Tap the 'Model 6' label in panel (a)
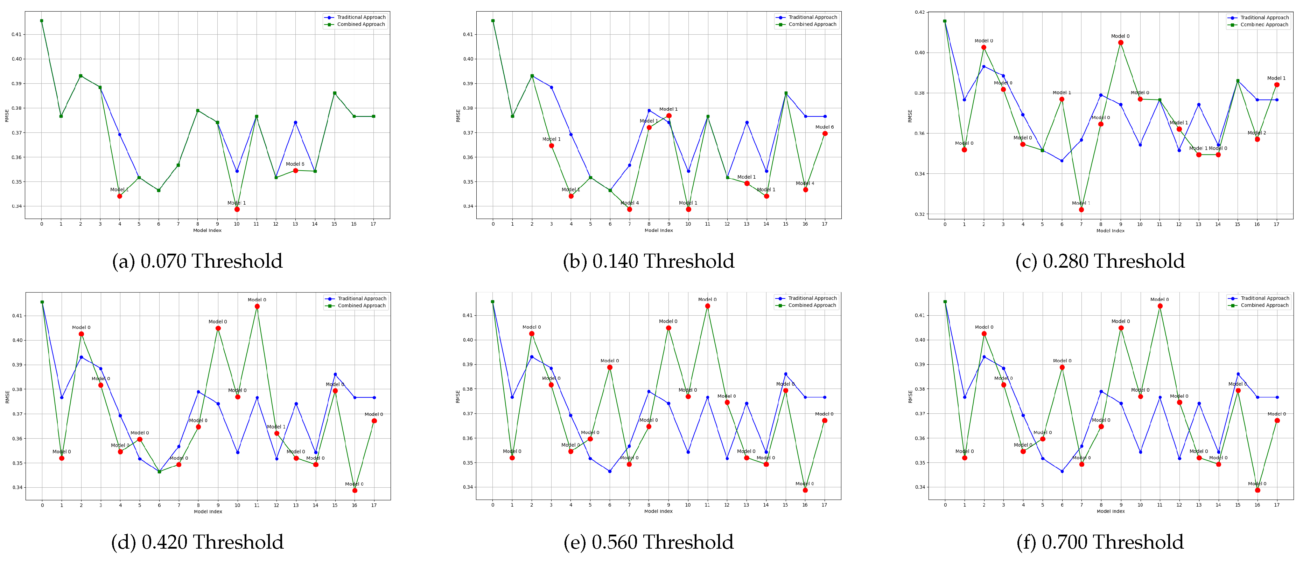coord(295,164)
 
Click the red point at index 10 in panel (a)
coord(237,209)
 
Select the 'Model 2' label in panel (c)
coord(1256,133)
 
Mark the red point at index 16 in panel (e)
coord(805,490)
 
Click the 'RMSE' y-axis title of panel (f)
coord(910,397)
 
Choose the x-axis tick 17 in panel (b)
coord(824,224)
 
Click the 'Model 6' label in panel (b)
coord(824,127)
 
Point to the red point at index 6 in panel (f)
coord(1062,368)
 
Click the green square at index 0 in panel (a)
coord(42,21)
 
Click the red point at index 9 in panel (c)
coord(1120,43)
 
